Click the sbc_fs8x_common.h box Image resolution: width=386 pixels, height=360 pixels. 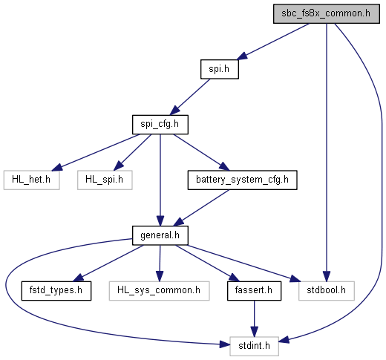pyautogui.click(x=327, y=14)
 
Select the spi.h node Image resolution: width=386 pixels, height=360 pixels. pyautogui.click(x=220, y=69)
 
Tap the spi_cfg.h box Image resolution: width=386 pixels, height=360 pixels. pyautogui.click(x=160, y=125)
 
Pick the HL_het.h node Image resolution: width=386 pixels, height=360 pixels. pyautogui.click(x=31, y=180)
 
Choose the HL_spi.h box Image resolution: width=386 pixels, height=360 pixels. pyautogui.click(x=105, y=180)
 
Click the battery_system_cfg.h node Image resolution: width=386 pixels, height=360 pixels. pyautogui.click(x=242, y=180)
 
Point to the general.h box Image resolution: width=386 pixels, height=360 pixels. pyautogui.click(x=160, y=235)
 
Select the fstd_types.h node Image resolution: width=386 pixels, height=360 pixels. pyautogui.click(x=56, y=291)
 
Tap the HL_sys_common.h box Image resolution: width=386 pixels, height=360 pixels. pyautogui.click(x=159, y=291)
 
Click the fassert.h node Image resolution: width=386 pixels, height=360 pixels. pyautogui.click(x=254, y=291)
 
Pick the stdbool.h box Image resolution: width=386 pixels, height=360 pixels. pyautogui.click(x=327, y=291)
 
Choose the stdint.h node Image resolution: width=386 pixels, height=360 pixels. pyautogui.click(x=254, y=347)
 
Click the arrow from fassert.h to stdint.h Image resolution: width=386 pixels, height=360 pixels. pyautogui.click(x=254, y=319)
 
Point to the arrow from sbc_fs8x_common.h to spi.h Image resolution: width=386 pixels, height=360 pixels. pyautogui.click(x=272, y=42)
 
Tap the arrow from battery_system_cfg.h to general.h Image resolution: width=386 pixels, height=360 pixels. pyautogui.click(x=201, y=208)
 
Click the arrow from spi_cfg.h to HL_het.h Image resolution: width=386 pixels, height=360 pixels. pyautogui.click(x=96, y=152)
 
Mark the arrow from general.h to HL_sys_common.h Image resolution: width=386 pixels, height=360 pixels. pyautogui.click(x=160, y=264)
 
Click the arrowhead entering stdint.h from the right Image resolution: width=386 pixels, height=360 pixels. pyautogui.click(x=284, y=340)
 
